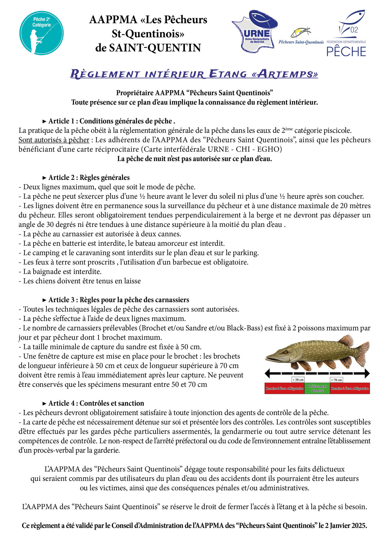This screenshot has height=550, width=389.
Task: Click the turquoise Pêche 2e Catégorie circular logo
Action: pyautogui.click(x=41, y=33)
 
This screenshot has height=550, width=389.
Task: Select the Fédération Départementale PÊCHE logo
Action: pyautogui.click(x=347, y=34)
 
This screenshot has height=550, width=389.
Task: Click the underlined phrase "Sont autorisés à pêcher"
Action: pyautogui.click(x=54, y=140)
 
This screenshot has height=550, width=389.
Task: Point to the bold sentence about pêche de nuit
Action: pyautogui.click(x=194, y=159)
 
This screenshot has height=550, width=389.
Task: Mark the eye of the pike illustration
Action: pyautogui.click(x=285, y=352)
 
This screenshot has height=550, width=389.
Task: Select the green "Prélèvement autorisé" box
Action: pyautogui.click(x=317, y=388)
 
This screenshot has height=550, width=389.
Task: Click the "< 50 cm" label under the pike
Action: pyautogui.click(x=298, y=380)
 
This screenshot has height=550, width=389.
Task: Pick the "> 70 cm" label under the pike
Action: pyautogui.click(x=337, y=380)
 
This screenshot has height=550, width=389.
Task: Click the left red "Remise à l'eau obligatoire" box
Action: pyautogui.click(x=284, y=389)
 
